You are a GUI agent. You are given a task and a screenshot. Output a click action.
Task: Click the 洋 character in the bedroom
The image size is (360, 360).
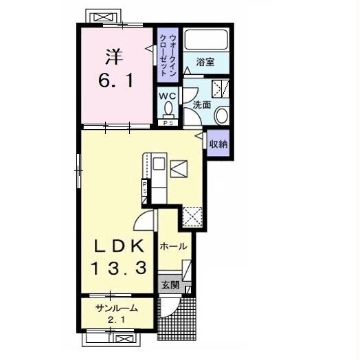tap(114, 57)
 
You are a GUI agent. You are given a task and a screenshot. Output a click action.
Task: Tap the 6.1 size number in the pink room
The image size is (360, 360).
tap(115, 80)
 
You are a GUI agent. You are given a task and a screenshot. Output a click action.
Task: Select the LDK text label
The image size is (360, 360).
tap(119, 246)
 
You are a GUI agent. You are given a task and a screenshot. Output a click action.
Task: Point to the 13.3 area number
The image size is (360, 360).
tap(119, 268)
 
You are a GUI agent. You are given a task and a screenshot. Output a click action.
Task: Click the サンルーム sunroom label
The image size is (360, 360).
tap(117, 308)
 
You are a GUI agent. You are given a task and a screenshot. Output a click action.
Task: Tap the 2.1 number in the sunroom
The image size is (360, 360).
tap(117, 319)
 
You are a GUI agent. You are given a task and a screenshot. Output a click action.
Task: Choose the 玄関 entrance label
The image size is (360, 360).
tap(170, 285)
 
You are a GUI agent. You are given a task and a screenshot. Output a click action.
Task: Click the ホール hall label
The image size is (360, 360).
tap(173, 247)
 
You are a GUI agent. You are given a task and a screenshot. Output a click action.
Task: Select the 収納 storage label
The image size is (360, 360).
tap(218, 144)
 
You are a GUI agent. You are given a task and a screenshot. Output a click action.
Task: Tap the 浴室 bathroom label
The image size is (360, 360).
tap(205, 62)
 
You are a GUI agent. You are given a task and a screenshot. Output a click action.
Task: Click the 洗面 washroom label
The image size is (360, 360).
tap(201, 105)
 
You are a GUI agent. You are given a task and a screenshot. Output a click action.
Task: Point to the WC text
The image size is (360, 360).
tap(168, 95)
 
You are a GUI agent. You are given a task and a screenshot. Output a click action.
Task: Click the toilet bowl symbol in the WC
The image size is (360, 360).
tap(169, 109)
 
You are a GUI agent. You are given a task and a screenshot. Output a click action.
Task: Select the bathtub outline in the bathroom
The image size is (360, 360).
tap(206, 39)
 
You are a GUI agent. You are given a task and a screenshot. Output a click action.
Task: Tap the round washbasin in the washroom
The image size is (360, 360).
tap(221, 115)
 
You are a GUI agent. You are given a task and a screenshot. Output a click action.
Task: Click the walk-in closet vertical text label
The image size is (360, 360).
tap(168, 55)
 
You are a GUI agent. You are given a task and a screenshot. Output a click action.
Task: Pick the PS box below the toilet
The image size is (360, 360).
tap(168, 123)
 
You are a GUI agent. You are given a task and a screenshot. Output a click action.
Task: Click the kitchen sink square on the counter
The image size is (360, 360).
tap(159, 164)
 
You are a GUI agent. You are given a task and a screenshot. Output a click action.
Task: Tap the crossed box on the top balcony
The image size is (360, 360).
tap(103, 17)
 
